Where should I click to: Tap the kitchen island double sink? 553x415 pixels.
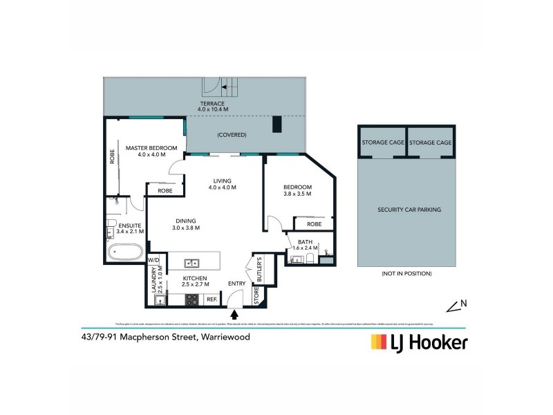[x=193, y=263]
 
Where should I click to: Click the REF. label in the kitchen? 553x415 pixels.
[x=211, y=300]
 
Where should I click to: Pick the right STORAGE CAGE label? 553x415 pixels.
[x=431, y=142]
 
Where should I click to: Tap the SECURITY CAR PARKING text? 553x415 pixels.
[x=409, y=209]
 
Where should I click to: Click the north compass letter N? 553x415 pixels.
[x=465, y=302]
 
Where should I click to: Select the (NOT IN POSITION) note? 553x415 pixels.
[x=406, y=274]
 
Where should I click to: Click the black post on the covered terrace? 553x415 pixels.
[x=277, y=124]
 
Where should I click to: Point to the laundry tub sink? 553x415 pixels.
[x=158, y=300]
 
